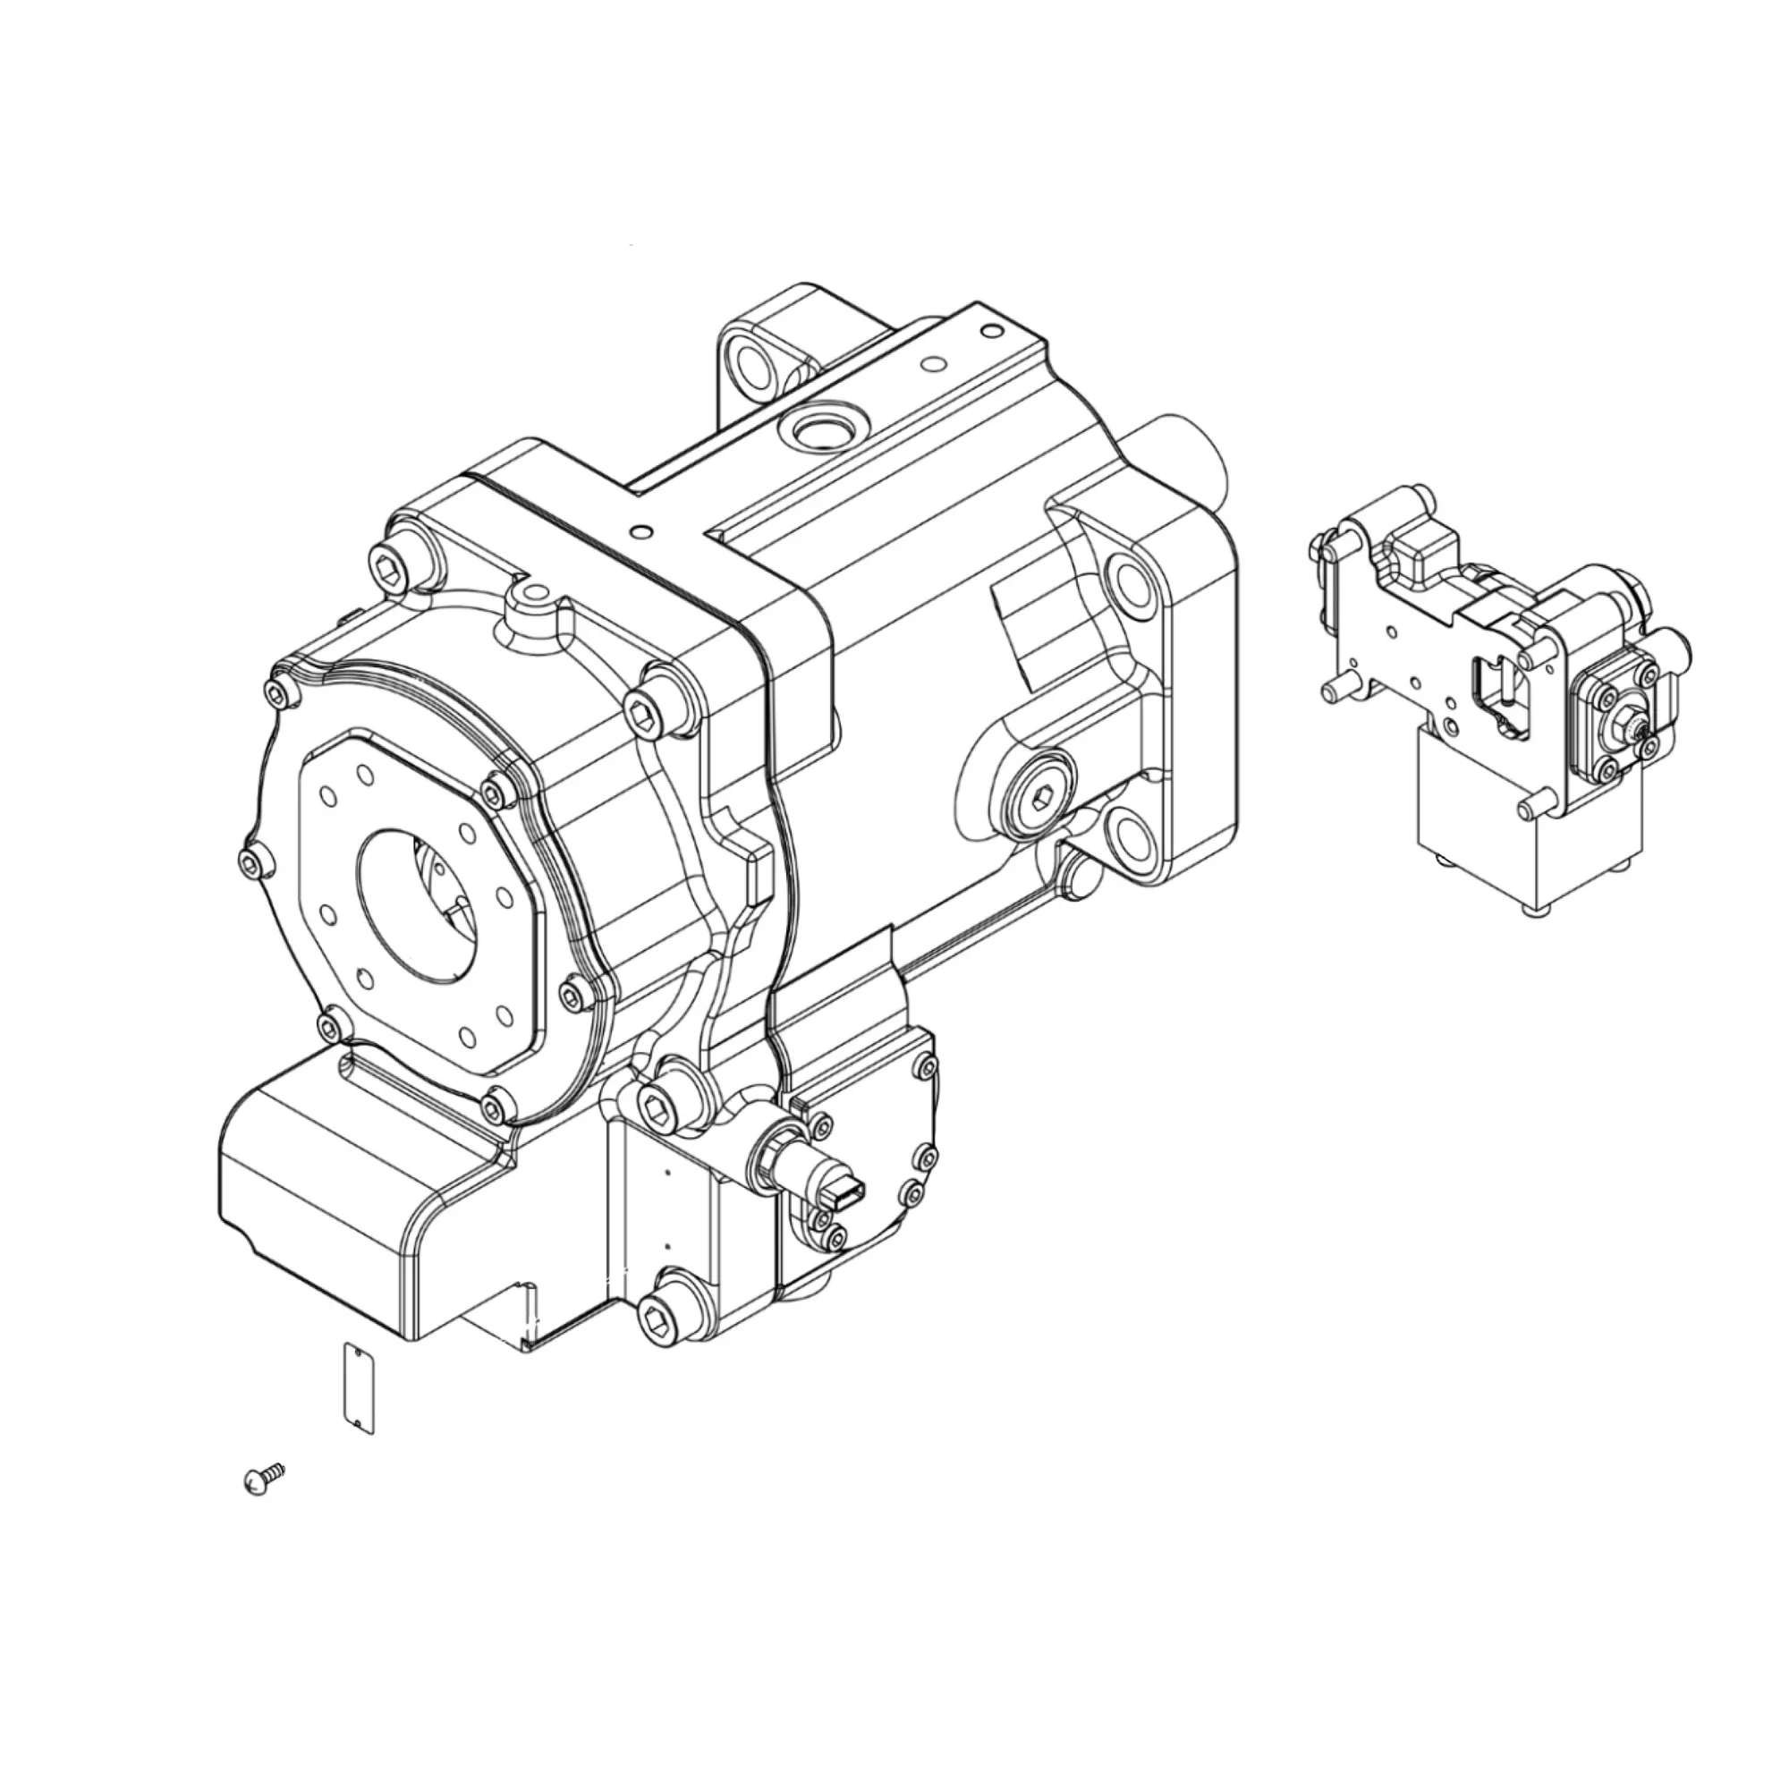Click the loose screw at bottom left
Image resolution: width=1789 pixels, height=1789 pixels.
[262, 1480]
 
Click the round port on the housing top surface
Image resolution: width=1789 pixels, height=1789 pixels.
[821, 429]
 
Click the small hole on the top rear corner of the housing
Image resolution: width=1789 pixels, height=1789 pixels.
[992, 328]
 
